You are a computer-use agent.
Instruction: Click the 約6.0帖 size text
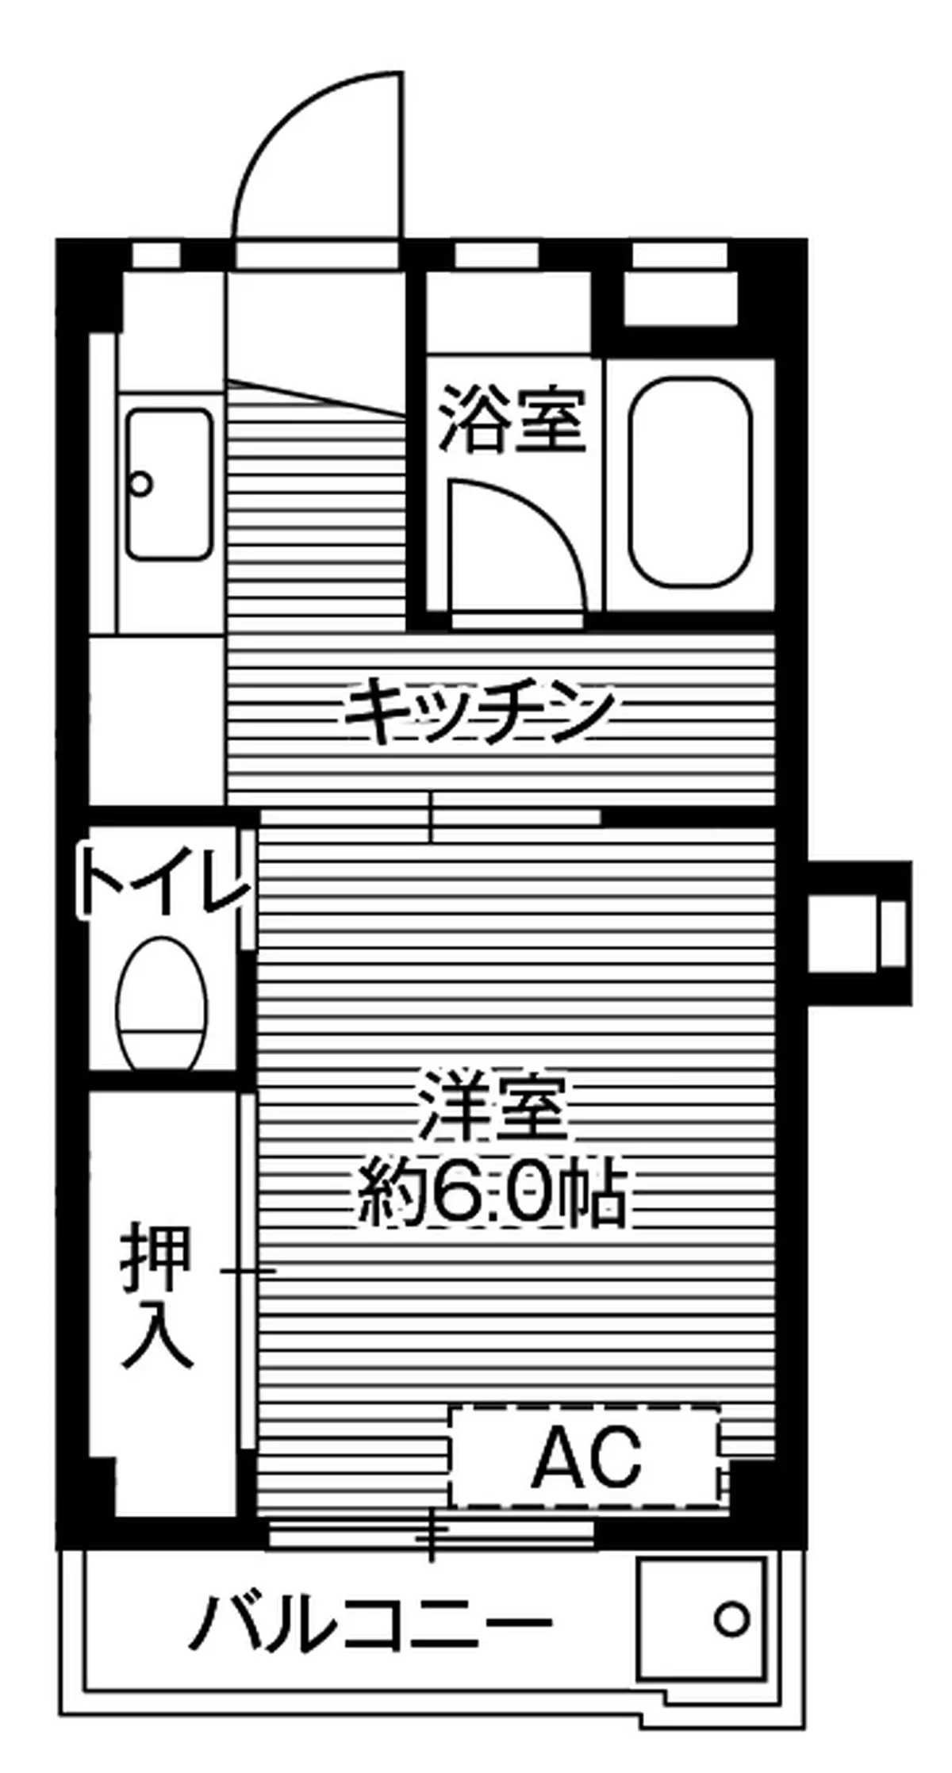pos(492,1193)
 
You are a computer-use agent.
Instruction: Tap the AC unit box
pos(585,1457)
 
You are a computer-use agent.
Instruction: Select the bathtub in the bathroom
pos(690,483)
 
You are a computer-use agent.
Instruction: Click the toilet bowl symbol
pos(162,1004)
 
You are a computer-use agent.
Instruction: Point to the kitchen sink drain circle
pos(141,483)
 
